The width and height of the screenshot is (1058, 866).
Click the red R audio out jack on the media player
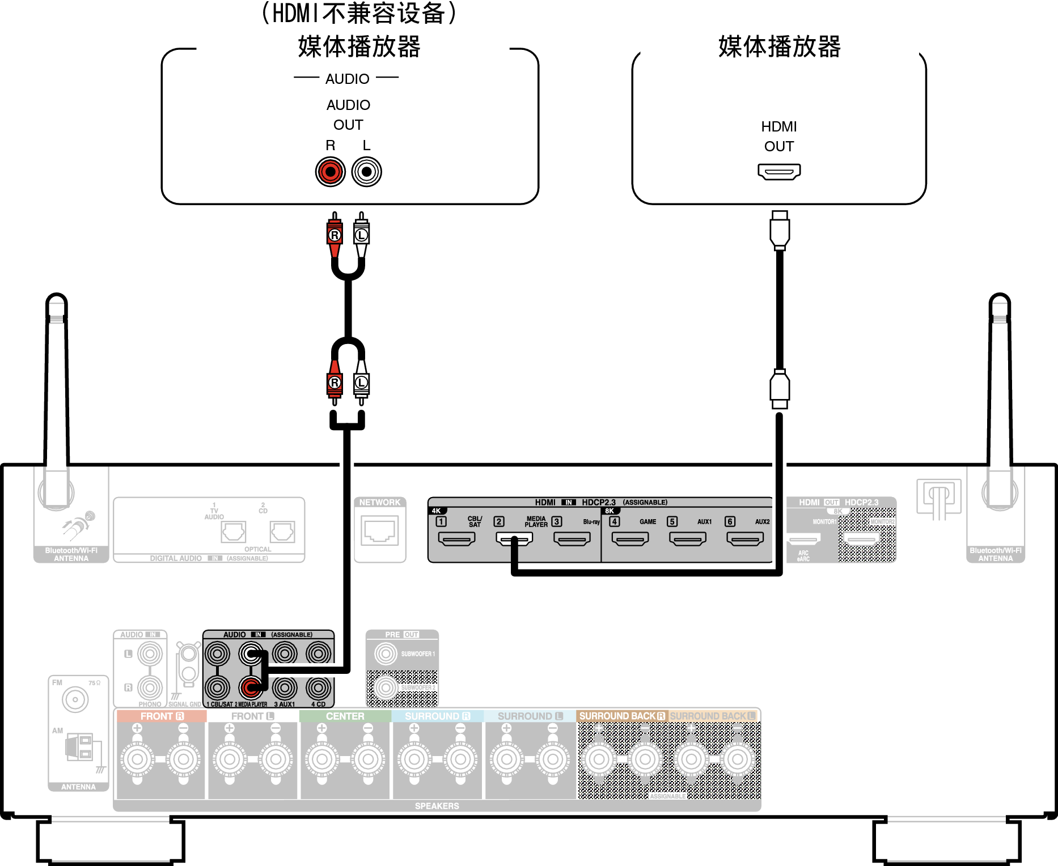point(331,171)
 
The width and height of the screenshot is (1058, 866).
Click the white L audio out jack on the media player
point(367,171)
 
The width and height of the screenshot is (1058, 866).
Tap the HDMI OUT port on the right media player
point(779,171)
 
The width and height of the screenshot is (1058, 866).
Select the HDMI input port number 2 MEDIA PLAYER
point(514,538)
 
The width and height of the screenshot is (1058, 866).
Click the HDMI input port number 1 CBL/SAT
point(456,538)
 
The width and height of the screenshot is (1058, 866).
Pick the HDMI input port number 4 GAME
point(630,538)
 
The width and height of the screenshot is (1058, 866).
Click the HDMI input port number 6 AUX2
point(745,538)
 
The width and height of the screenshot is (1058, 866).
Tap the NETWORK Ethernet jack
point(380,532)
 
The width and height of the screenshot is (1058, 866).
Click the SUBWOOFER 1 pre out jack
point(386,653)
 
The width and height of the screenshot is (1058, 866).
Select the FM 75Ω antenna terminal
point(75,700)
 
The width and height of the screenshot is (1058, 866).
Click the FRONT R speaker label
point(162,716)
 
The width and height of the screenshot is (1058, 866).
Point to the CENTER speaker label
point(345,716)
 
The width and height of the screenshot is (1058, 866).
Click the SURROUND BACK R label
point(621,716)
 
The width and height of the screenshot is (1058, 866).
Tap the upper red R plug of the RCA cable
point(335,234)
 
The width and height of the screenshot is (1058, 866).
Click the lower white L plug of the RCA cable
point(361,383)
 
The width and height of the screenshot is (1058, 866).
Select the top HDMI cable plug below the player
point(780,230)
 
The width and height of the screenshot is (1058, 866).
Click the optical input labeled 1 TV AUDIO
point(233,532)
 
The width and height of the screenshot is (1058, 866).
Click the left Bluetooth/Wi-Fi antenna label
point(71,554)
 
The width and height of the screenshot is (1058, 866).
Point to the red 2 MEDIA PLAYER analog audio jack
point(251,688)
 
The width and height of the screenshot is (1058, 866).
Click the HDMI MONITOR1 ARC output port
point(803,538)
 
